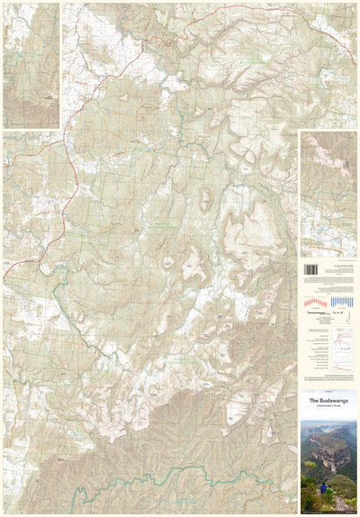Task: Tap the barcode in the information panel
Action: [310, 269]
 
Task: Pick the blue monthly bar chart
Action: [343, 302]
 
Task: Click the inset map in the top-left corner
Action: [31, 65]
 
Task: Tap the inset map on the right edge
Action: [328, 194]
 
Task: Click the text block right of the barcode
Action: [339, 269]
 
